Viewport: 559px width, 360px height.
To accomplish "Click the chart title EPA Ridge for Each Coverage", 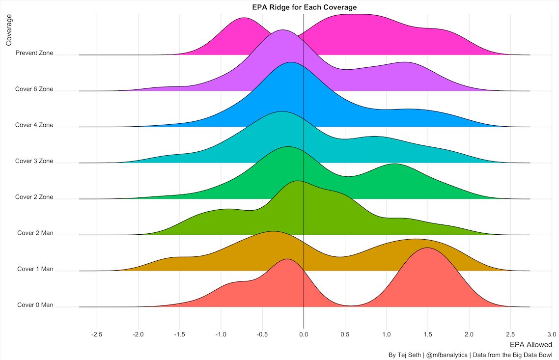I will point(304,7).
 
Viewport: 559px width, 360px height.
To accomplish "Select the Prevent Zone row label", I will point(34,53).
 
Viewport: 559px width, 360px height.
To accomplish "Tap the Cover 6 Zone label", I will point(34,89).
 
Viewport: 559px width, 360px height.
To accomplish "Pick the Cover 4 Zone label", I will point(34,125).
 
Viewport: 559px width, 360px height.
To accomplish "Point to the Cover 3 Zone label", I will point(34,161).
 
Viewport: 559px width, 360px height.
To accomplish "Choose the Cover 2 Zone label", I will point(34,197).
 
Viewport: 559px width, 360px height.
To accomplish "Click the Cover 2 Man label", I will point(35,233).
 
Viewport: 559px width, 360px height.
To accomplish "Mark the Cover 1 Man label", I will point(35,269).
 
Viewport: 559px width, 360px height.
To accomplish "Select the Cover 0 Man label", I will point(35,305).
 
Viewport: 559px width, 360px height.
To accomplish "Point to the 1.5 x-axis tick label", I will point(428,335).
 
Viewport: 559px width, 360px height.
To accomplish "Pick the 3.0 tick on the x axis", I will point(552,335).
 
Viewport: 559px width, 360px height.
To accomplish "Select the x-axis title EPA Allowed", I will point(531,344).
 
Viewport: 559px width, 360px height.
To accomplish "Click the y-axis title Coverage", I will point(8,30).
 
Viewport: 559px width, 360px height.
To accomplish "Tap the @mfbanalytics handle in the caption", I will point(446,355).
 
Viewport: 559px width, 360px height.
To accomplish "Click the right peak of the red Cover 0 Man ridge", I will point(428,248).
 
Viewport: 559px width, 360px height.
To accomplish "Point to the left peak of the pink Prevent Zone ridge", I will point(244,18).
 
